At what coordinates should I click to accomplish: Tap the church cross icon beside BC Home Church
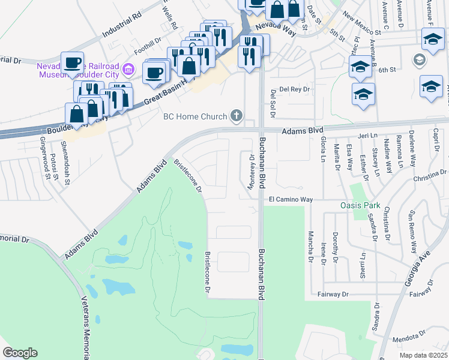point(237,116)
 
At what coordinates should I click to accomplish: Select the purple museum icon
point(127,70)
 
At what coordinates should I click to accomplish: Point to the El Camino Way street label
point(291,199)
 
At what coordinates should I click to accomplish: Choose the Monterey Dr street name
point(252,171)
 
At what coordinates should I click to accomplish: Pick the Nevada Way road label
point(274,30)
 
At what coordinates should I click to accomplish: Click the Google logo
point(20,353)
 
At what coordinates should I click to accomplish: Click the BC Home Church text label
point(196,116)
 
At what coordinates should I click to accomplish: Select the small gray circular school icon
point(418,60)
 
